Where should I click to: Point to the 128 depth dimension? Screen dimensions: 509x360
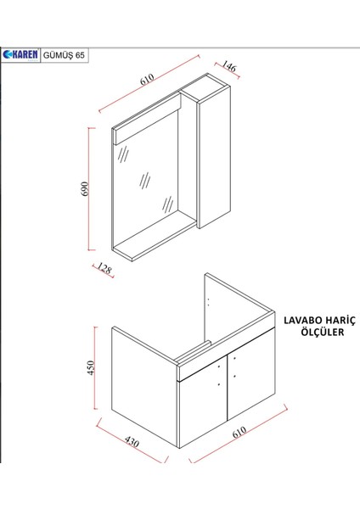pyautogui.click(x=103, y=271)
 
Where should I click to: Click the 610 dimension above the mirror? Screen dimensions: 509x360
pyautogui.click(x=146, y=82)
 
